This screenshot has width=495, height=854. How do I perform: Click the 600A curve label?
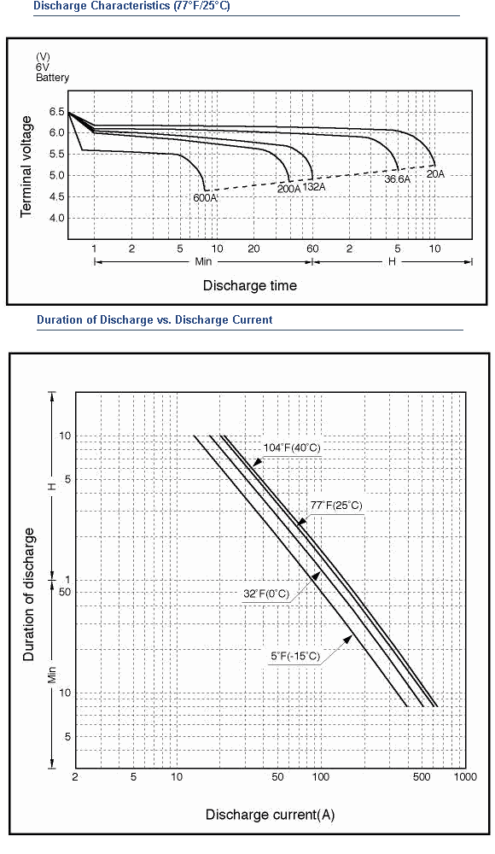coord(206,198)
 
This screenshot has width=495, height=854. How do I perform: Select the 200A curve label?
coord(288,189)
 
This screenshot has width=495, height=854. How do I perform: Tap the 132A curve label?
coord(314,187)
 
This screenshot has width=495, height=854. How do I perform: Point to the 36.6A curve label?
coord(398,178)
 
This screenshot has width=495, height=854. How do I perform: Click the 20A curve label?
coord(435,173)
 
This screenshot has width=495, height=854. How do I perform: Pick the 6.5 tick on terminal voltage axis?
coord(57,112)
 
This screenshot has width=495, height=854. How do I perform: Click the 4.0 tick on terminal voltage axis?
coord(57,218)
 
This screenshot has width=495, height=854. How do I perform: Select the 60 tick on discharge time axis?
coord(312,249)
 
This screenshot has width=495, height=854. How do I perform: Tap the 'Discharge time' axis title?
coord(250,285)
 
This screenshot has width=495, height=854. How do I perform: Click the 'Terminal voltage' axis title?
coord(26,167)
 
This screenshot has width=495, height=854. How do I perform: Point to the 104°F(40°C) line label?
coord(292,447)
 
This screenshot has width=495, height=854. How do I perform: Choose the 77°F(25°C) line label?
coord(336,505)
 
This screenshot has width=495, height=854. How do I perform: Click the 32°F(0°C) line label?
coord(266,594)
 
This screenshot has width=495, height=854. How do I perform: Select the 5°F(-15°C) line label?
coord(295,656)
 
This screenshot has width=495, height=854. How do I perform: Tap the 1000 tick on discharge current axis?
coord(466,776)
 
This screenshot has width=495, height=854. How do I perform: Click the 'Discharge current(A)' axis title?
coord(270,815)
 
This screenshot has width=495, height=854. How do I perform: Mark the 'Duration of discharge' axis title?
coord(28,594)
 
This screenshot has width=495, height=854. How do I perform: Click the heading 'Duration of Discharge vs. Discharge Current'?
coord(154,319)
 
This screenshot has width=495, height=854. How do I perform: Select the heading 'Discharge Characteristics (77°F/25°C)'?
coord(131,7)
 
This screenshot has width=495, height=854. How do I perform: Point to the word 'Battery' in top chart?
coord(52,78)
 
